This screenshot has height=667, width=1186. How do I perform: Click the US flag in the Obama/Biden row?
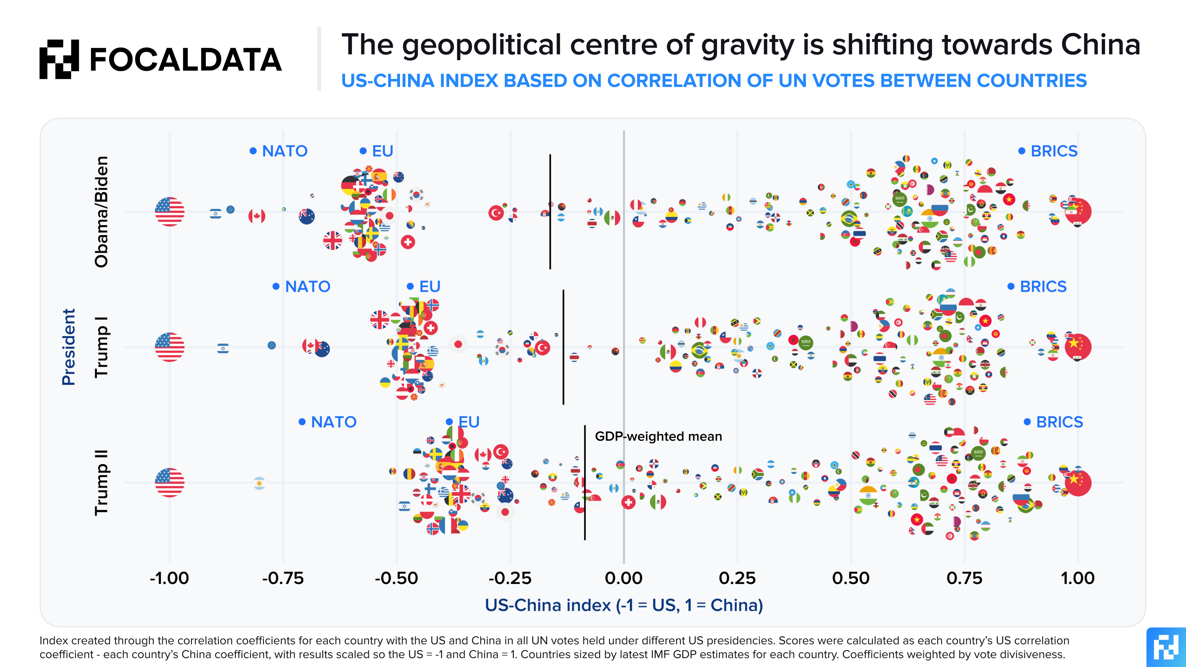pos(169,212)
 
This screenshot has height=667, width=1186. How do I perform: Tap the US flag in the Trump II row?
pos(169,482)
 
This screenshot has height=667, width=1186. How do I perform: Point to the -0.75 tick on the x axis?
pos(283,578)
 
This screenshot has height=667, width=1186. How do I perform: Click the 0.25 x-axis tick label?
pos(737,578)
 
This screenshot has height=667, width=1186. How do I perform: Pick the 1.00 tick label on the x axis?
pos(1077,578)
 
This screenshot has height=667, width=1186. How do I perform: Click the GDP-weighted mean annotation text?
pos(658,436)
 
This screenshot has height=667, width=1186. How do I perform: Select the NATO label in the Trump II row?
pos(333,422)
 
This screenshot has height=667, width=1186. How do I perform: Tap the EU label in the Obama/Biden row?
pos(382,151)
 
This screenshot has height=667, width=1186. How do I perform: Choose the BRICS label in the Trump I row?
pos(1043,287)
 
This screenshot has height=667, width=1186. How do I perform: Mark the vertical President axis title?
pos(68,347)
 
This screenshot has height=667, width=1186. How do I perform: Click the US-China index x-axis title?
pos(624,605)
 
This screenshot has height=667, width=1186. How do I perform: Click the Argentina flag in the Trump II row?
pos(259,483)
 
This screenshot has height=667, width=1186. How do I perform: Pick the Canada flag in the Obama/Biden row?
pos(256,216)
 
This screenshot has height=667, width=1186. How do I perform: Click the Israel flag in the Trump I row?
pos(223,348)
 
